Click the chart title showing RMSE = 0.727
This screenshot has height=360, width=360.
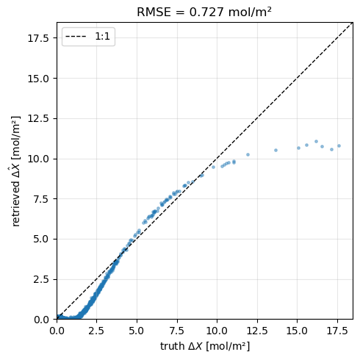pyautogui.click(x=204, y=12)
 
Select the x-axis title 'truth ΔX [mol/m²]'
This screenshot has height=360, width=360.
pyautogui.click(x=204, y=346)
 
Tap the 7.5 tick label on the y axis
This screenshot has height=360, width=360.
pyautogui.click(x=41, y=199)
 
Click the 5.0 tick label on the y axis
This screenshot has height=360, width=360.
pyautogui.click(x=41, y=239)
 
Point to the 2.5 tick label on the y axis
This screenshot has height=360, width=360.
pyautogui.click(x=41, y=279)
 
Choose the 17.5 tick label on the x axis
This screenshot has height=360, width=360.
pyautogui.click(x=337, y=330)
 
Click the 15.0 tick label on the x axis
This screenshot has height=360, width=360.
pyautogui.click(x=297, y=330)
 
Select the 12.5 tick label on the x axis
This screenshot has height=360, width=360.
pyautogui.click(x=257, y=330)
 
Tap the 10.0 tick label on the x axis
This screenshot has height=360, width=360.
pyautogui.click(x=217, y=330)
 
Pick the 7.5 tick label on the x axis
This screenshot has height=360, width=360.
pyautogui.click(x=177, y=330)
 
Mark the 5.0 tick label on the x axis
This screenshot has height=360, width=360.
pyautogui.click(x=137, y=330)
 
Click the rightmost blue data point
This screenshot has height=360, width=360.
pyautogui.click(x=339, y=145)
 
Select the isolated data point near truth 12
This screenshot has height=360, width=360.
pyautogui.click(x=248, y=154)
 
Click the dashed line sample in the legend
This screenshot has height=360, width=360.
pyautogui.click(x=77, y=36)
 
